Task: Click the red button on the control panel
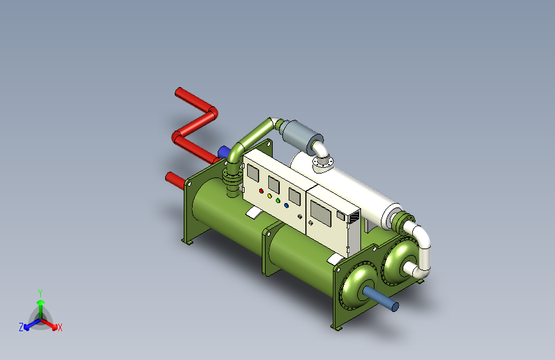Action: click(x=261, y=191)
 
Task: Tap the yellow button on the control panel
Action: click(x=270, y=195)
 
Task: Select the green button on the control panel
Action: click(x=278, y=200)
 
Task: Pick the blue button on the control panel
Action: click(x=286, y=206)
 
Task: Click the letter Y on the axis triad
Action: click(x=40, y=291)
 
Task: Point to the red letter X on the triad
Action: click(x=60, y=327)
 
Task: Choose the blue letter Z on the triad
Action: click(x=21, y=327)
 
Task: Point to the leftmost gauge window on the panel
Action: click(x=253, y=173)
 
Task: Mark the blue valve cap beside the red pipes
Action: click(x=223, y=152)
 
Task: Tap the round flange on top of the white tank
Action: click(x=324, y=165)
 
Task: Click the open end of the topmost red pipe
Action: click(x=178, y=92)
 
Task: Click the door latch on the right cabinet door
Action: click(x=310, y=223)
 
